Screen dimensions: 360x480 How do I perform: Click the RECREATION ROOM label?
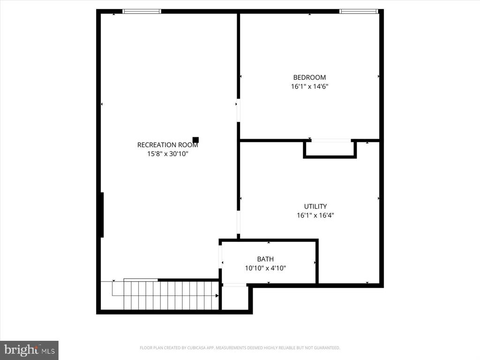tap(167, 145)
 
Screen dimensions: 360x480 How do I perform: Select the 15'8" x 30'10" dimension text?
tap(167, 153)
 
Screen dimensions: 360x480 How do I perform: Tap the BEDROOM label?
tap(309, 77)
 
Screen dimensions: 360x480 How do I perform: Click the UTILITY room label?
tap(315, 206)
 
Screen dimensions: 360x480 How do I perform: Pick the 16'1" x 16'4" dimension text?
tap(315, 215)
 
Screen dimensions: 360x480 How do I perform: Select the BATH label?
tap(265, 259)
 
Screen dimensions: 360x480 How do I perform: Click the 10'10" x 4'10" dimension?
tap(265, 268)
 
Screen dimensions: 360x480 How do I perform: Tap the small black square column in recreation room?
tap(195, 140)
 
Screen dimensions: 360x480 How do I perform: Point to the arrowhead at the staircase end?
tap(217, 296)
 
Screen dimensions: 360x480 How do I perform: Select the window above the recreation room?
tap(142, 11)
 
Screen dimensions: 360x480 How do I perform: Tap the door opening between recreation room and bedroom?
tap(238, 111)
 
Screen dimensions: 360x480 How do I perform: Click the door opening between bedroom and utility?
tap(331, 140)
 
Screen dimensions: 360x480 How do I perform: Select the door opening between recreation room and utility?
tap(238, 222)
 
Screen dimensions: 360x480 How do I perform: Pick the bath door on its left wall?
tap(220, 257)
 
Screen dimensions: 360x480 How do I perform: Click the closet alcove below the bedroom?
tap(330, 149)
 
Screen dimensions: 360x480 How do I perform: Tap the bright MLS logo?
tap(29, 350)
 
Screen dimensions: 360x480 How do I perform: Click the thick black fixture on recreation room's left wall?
tap(102, 215)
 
